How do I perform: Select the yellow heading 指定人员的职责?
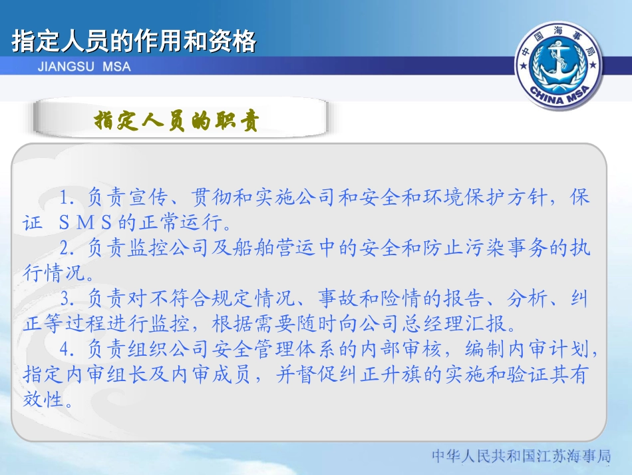[x=177, y=121]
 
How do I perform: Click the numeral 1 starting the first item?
[x=65, y=199]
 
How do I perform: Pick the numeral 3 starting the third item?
[x=65, y=298]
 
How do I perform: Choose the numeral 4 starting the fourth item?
[x=65, y=348]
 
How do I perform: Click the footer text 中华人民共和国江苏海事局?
[x=521, y=457]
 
